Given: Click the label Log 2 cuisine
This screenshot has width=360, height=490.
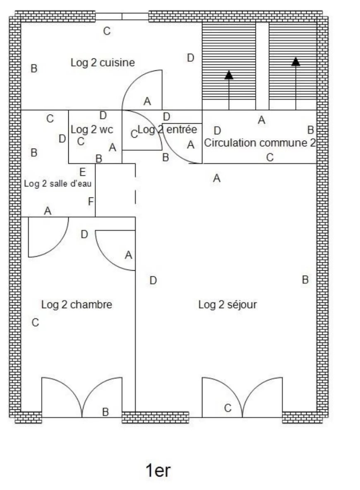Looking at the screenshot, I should pyautogui.click(x=103, y=62).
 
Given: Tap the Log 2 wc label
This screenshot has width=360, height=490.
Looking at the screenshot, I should pyautogui.click(x=92, y=129).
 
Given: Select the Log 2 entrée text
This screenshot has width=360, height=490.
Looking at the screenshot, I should pyautogui.click(x=167, y=130).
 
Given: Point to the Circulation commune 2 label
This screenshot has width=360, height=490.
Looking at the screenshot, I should pyautogui.click(x=260, y=143).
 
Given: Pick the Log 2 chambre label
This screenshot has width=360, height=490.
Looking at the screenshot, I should pyautogui.click(x=77, y=305).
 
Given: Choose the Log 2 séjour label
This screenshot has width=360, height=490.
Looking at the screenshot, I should pyautogui.click(x=228, y=305).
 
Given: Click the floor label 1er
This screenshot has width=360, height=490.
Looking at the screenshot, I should pyautogui.click(x=158, y=471).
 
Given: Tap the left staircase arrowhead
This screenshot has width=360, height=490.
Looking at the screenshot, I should pyautogui.click(x=229, y=75).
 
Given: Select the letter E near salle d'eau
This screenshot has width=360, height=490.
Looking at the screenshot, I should pyautogui.click(x=82, y=172).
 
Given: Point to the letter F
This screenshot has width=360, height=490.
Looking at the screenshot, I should pyautogui.click(x=91, y=202).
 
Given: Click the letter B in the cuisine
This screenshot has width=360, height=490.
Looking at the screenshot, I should pyautogui.click(x=34, y=68).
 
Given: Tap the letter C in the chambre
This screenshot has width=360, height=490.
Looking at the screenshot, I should pyautogui.click(x=35, y=322).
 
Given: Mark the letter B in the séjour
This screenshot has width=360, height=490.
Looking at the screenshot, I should pyautogui.click(x=305, y=280).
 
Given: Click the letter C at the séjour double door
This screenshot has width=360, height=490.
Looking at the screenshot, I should pyautogui.click(x=228, y=408).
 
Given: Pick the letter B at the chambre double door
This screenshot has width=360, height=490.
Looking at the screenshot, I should pyautogui.click(x=106, y=412).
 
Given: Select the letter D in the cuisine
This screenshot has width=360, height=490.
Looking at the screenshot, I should pyautogui.click(x=190, y=58).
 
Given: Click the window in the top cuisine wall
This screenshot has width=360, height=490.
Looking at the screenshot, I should pyautogui.click(x=122, y=17).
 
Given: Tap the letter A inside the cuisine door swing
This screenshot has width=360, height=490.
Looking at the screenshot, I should pyautogui.click(x=147, y=101).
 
